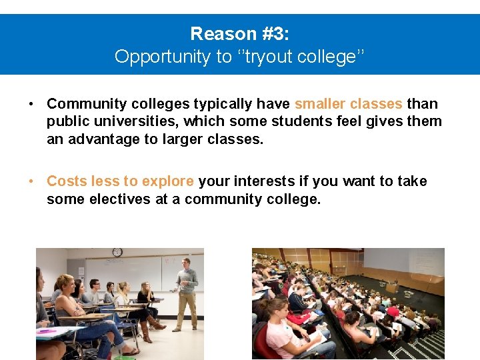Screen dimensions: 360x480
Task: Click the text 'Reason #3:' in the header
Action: click(x=240, y=33)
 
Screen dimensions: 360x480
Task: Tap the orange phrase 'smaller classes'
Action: click(x=348, y=104)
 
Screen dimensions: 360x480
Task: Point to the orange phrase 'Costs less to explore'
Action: click(x=120, y=181)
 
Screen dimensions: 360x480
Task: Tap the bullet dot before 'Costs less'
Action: click(x=31, y=181)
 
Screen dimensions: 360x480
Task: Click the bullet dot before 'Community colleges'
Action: click(x=31, y=104)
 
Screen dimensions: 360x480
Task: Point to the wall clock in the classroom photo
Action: click(x=117, y=252)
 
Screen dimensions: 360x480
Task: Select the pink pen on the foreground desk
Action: click(x=47, y=331)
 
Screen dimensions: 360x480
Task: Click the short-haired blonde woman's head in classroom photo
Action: click(x=66, y=283)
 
